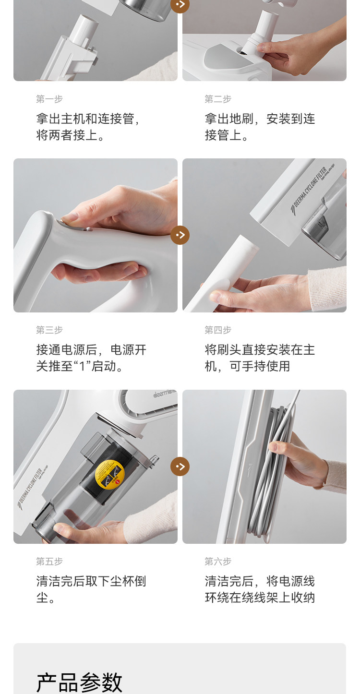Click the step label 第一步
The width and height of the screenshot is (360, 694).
pyautogui.click(x=49, y=99)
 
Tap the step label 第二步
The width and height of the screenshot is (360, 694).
pyautogui.click(x=218, y=99)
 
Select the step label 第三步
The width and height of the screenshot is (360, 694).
pyautogui.click(x=49, y=330)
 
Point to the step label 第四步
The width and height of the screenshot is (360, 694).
pyautogui.click(x=218, y=330)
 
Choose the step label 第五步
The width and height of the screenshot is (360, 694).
pyautogui.click(x=49, y=561)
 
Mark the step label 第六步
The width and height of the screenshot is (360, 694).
pyautogui.click(x=218, y=561)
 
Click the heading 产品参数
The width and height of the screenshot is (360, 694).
pyautogui.click(x=79, y=682)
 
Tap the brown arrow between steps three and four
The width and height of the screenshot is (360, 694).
pyautogui.click(x=180, y=235)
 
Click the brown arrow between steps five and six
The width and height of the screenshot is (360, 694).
pyautogui.click(x=180, y=467)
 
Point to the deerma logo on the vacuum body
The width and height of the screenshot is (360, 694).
pyautogui.click(x=165, y=394)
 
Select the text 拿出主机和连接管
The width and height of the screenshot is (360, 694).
pyautogui.click(x=85, y=119)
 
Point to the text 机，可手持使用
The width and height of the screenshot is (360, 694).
pyautogui.click(x=247, y=366)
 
